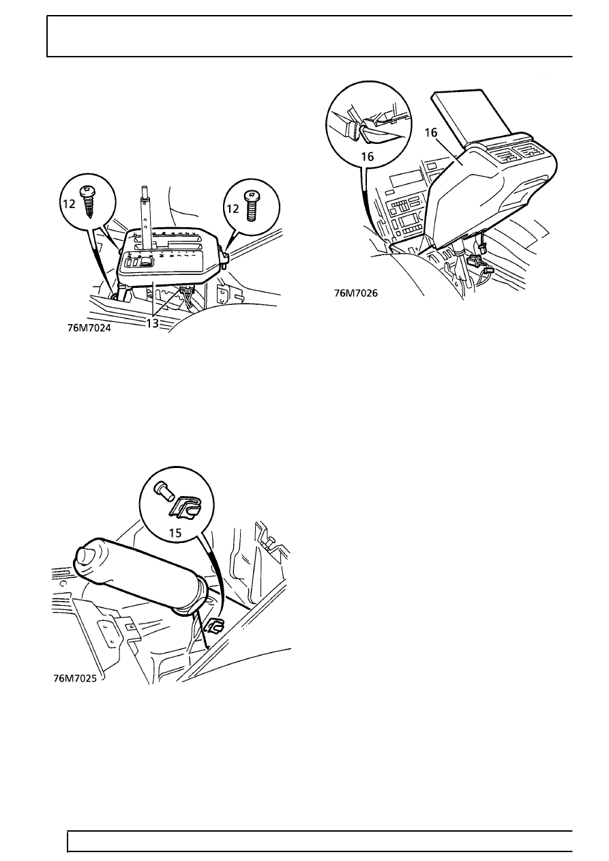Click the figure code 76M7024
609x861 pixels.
[89, 328]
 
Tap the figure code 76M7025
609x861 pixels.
[75, 678]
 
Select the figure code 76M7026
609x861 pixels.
[356, 293]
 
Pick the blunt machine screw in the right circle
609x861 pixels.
[251, 207]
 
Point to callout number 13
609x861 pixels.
[152, 323]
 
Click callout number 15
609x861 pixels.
[175, 533]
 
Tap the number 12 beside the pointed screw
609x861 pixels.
[69, 204]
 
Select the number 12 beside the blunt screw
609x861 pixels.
[233, 209]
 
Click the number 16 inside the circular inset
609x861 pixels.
[368, 156]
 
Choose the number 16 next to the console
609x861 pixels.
[431, 132]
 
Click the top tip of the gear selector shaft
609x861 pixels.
[144, 188]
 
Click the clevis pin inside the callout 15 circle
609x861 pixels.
[164, 491]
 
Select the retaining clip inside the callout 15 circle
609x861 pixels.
[186, 508]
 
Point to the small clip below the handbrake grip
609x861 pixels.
[213, 627]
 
